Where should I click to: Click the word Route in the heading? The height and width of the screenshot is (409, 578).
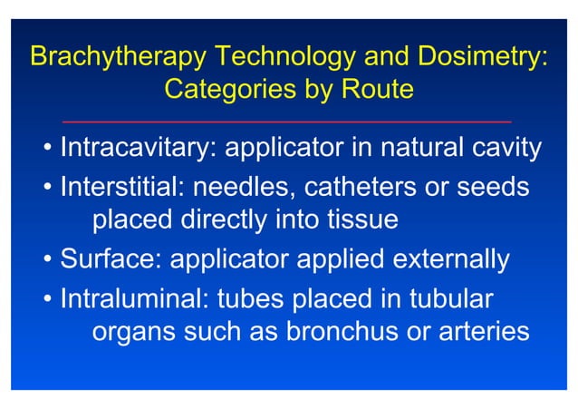pos(373,91)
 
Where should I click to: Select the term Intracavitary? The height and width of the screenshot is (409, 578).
pos(137,147)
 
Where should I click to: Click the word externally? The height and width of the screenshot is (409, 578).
pos(449,260)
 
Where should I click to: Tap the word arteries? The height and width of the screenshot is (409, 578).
pos(482,332)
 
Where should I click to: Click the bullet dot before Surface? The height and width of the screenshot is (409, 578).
pos(46,261)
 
